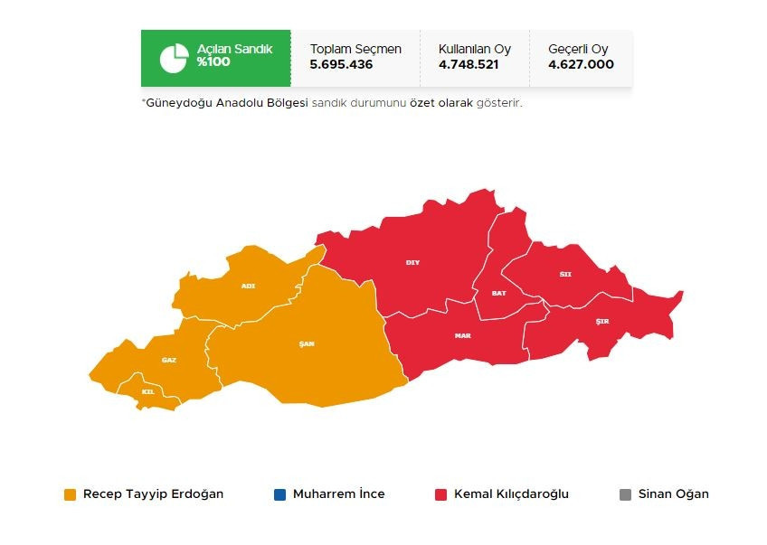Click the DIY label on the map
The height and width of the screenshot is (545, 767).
(412, 262)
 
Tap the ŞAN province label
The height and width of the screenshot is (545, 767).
(306, 343)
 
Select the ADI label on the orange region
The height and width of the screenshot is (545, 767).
(248, 286)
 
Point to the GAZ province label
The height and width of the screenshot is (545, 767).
(169, 360)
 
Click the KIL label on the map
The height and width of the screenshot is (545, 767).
(148, 391)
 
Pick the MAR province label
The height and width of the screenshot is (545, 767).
(462, 335)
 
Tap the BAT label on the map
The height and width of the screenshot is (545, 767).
(498, 294)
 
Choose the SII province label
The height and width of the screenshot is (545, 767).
(565, 273)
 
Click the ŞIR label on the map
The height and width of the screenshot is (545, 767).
(602, 323)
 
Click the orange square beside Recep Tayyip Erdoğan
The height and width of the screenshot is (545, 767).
(70, 494)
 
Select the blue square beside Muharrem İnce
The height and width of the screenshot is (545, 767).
(279, 494)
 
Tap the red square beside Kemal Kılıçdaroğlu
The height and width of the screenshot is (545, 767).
(440, 494)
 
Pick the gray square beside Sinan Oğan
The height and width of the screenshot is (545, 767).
(625, 494)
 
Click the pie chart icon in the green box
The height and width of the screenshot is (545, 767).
(174, 58)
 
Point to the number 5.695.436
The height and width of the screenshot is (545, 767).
(341, 64)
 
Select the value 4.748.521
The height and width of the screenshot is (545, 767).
(469, 64)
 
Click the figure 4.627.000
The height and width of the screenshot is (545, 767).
(581, 64)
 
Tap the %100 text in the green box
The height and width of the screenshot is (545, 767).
(213, 62)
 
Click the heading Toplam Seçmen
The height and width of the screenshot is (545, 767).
(355, 49)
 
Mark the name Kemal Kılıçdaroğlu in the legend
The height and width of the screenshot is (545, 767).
(511, 494)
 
